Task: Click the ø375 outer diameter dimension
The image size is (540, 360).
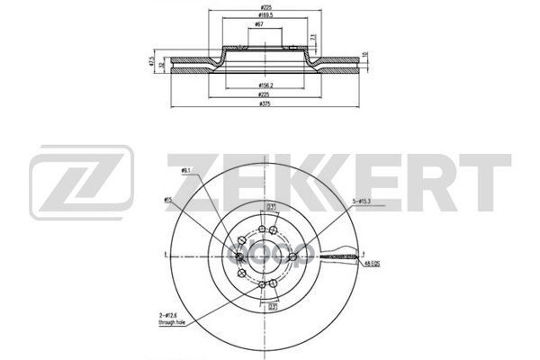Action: click(264, 105)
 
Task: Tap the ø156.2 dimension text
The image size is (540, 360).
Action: click(264, 86)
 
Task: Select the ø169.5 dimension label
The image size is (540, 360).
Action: click(264, 16)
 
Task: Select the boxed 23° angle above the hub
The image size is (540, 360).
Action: click(270, 204)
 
